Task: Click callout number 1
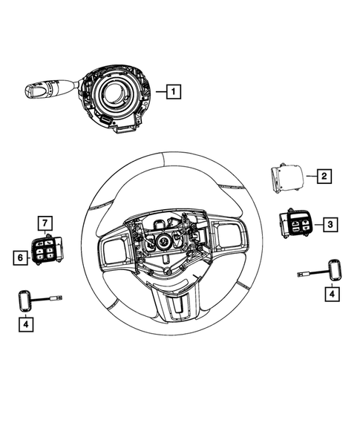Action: coord(172,93)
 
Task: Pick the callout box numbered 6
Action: coord(20,257)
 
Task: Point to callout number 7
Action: coord(45,223)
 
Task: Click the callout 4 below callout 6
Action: coord(27,323)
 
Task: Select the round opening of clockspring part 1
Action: coord(118,94)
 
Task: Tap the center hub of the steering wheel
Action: coord(163,241)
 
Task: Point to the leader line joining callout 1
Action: coord(158,93)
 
